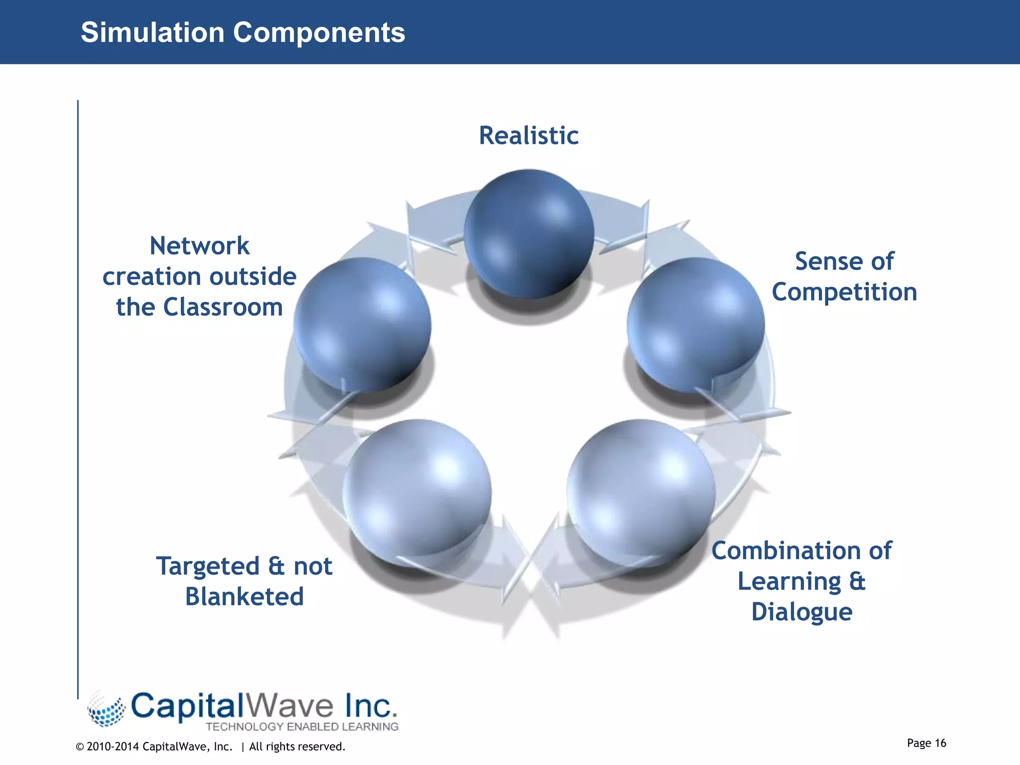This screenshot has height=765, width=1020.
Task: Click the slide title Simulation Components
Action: pos(243,32)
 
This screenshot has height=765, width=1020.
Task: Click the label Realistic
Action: pos(528,135)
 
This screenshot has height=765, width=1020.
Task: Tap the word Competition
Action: pos(844,292)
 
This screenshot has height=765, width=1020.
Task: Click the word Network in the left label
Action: pos(199,246)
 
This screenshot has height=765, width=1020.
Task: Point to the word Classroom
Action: pos(223,307)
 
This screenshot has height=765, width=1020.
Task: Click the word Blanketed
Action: pos(244,597)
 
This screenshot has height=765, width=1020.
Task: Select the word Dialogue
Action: pos(801,612)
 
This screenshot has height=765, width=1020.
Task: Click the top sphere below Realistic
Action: pos(529,234)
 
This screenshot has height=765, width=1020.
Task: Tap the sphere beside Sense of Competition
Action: pos(695,325)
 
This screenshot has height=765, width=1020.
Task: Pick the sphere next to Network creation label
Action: pos(362,325)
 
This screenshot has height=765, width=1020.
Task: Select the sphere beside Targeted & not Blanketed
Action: pos(417,488)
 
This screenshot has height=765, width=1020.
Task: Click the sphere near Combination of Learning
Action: pos(641,488)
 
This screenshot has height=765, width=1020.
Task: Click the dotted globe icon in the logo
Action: pos(106,709)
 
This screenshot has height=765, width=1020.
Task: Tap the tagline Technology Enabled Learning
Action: pos(302,727)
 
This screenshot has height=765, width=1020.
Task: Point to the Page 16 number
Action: pos(926,743)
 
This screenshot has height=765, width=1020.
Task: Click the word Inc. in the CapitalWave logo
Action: pos(371,706)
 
